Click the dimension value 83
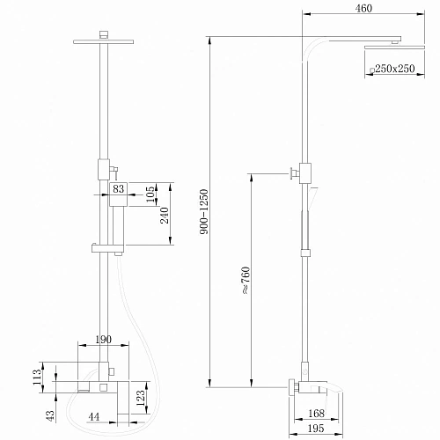(120, 188)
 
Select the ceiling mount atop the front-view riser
(106, 34)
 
